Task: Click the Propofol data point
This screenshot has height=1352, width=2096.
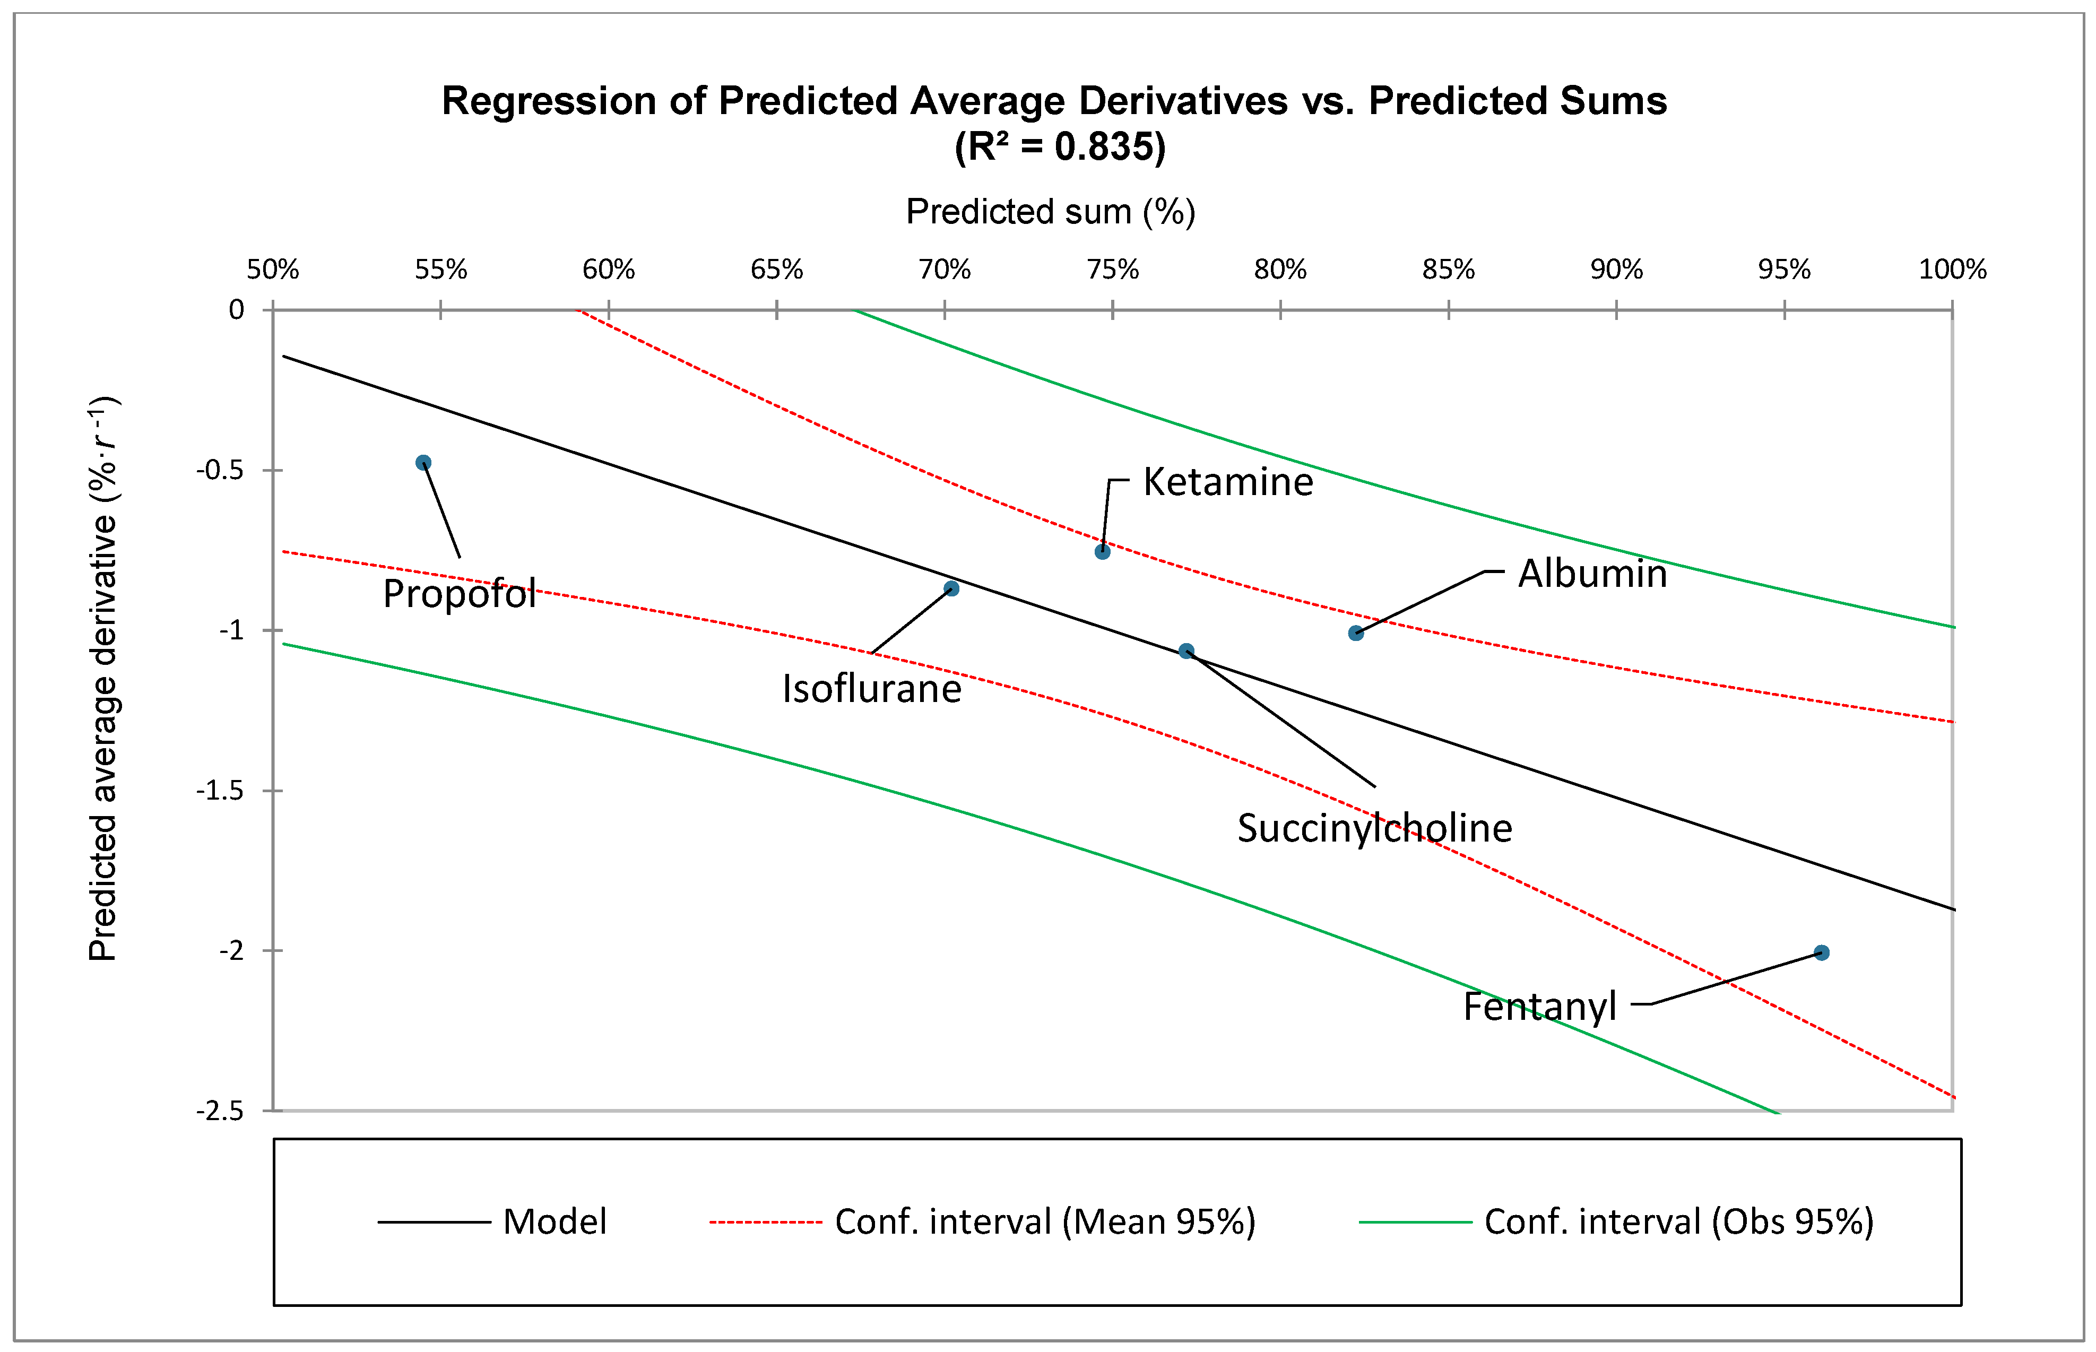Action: [423, 463]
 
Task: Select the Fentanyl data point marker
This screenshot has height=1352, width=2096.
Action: [1821, 952]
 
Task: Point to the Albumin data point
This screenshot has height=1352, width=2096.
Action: [1356, 633]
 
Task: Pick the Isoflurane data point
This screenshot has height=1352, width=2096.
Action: [951, 589]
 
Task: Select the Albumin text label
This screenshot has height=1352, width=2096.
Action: [1592, 573]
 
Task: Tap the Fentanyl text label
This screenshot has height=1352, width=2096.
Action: [1539, 1006]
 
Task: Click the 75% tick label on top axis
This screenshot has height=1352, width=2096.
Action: [1112, 270]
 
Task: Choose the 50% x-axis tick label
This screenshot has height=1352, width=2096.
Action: [273, 270]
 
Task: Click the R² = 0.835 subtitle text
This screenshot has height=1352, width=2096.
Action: [1060, 146]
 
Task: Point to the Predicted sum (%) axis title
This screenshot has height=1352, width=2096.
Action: [1051, 212]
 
